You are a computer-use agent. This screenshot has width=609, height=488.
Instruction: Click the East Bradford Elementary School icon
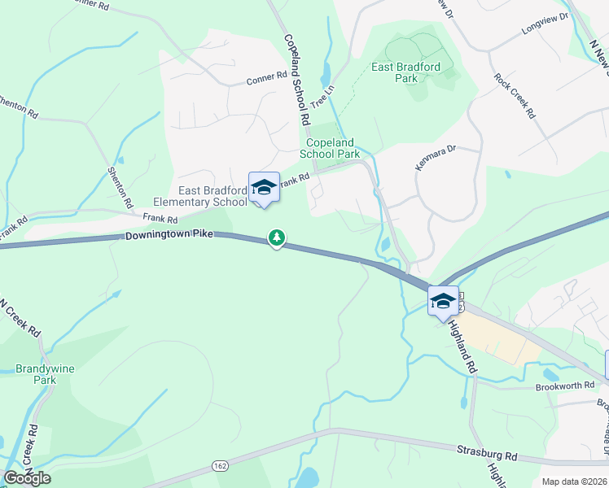(264, 187)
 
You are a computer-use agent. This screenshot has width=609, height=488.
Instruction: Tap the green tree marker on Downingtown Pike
(278, 237)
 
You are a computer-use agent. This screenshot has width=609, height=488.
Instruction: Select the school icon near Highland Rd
(443, 300)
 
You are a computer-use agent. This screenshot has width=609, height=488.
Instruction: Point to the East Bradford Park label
(405, 72)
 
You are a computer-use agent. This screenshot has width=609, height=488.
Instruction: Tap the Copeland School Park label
(330, 147)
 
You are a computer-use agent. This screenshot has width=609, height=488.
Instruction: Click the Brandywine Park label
(45, 374)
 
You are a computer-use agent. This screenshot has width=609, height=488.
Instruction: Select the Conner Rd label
(267, 80)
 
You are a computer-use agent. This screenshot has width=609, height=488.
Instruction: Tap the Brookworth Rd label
(564, 386)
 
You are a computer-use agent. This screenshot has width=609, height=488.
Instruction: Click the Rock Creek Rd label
(515, 96)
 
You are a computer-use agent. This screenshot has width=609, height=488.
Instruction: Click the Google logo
(27, 478)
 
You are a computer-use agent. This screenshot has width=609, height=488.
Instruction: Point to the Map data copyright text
(575, 481)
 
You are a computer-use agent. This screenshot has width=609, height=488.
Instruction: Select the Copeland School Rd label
(297, 78)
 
